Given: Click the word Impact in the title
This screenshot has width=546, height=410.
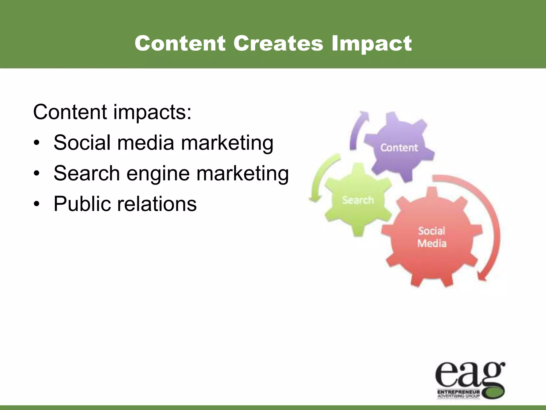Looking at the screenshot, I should click(x=372, y=44).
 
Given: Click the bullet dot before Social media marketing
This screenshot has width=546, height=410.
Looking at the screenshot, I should click(x=37, y=143).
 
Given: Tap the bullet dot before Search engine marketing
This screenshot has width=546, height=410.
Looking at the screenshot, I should click(x=37, y=174).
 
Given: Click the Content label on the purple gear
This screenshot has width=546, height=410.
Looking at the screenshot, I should click(x=399, y=148).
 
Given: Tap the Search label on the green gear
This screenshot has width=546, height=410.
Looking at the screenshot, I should click(x=358, y=200).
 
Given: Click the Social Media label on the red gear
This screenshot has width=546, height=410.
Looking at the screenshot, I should click(x=432, y=237).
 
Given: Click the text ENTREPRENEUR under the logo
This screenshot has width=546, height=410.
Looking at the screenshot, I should click(x=459, y=392).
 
